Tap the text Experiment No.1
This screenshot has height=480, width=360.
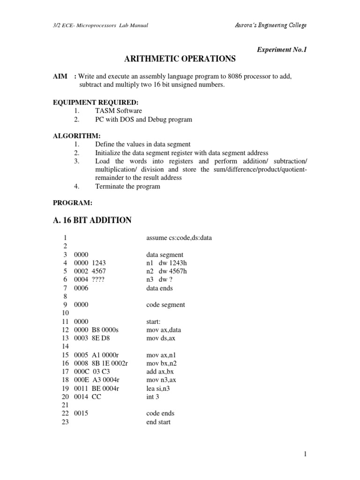coord(281,48)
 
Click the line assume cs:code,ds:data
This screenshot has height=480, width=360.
coord(179,238)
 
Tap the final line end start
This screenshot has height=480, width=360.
coord(158,422)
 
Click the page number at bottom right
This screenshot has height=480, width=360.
coord(304,454)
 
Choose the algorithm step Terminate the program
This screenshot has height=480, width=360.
coord(127,186)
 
